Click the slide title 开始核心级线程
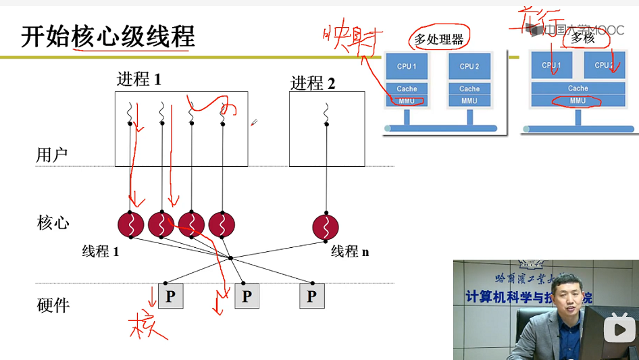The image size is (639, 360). pos(108,36)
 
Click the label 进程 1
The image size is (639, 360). pos(139,79)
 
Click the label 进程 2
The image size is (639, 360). pos(313,83)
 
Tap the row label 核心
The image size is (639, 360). pos(53,223)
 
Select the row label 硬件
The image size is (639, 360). pos(53,305)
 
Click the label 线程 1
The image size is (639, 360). pos(101,251)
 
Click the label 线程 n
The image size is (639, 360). pos(350,251)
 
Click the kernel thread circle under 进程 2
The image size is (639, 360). pos(326,226)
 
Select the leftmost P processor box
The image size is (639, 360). pos(170,296)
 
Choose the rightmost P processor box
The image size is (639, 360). pos(311,296)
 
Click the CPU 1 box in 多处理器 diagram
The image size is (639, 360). pos(407,67)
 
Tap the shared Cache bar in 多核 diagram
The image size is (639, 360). pos(578,88)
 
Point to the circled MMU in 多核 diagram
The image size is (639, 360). pos(578,101)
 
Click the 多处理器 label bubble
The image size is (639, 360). pos(439,39)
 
